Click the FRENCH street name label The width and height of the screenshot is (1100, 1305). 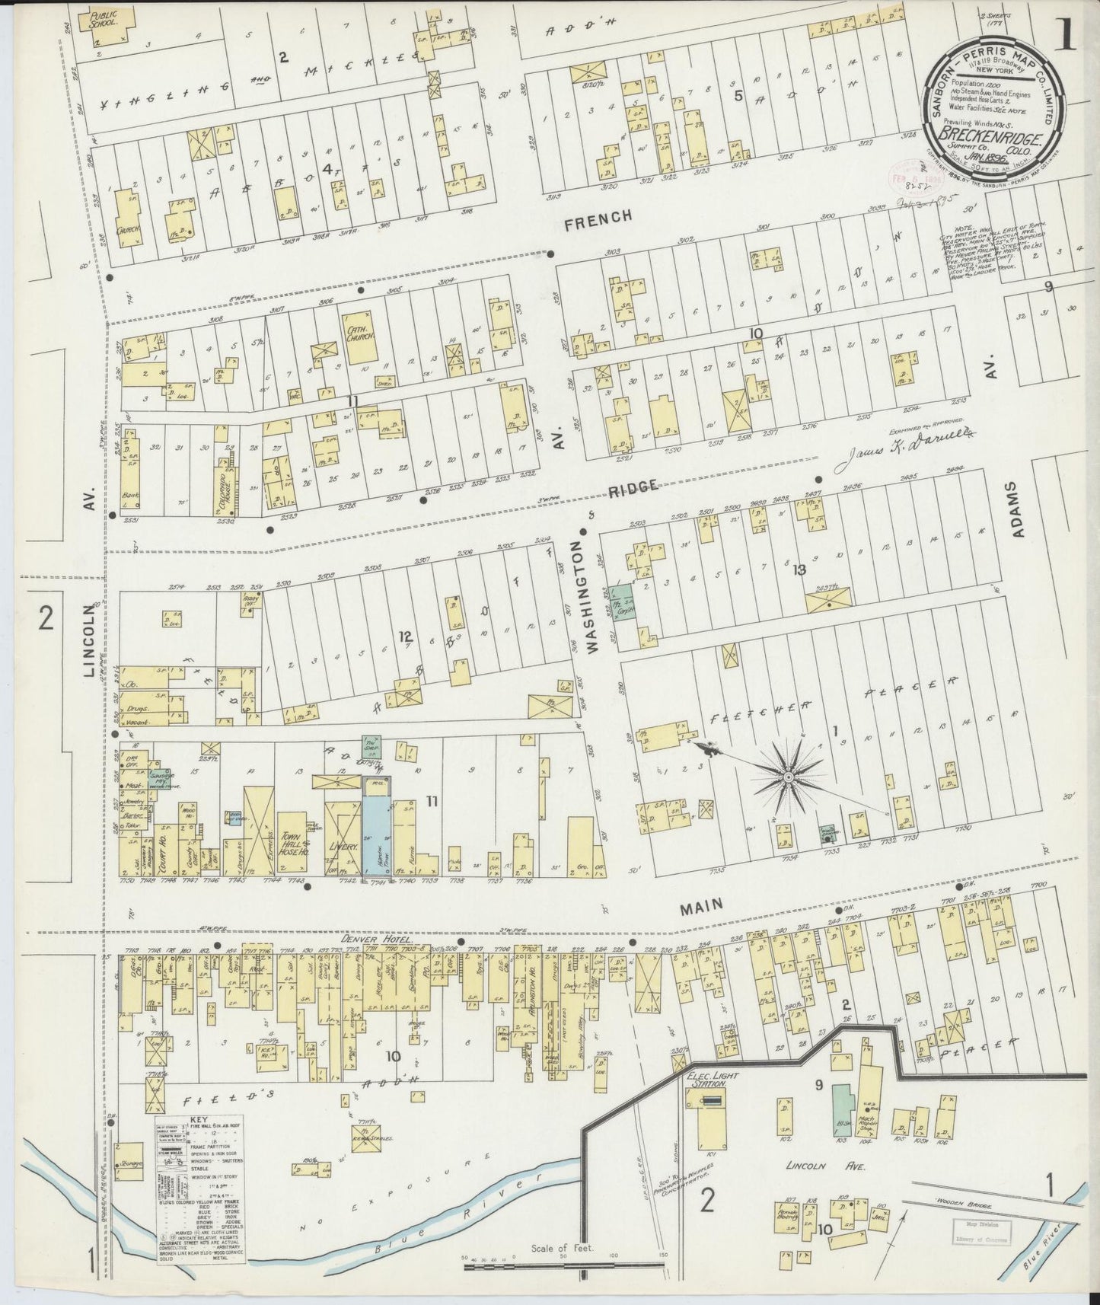[600, 218]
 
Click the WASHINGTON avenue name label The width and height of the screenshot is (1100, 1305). [589, 594]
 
